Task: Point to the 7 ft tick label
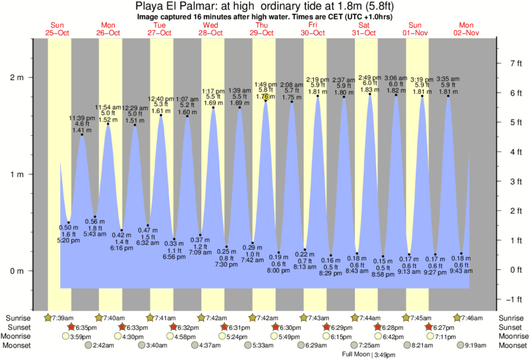tap(515, 63)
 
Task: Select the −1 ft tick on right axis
tap(515, 299)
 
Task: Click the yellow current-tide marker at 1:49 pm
tap(265, 98)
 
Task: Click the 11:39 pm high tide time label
tap(82, 118)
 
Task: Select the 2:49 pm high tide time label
tap(370, 77)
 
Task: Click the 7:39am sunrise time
tap(63, 317)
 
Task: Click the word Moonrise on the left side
tap(20, 337)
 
